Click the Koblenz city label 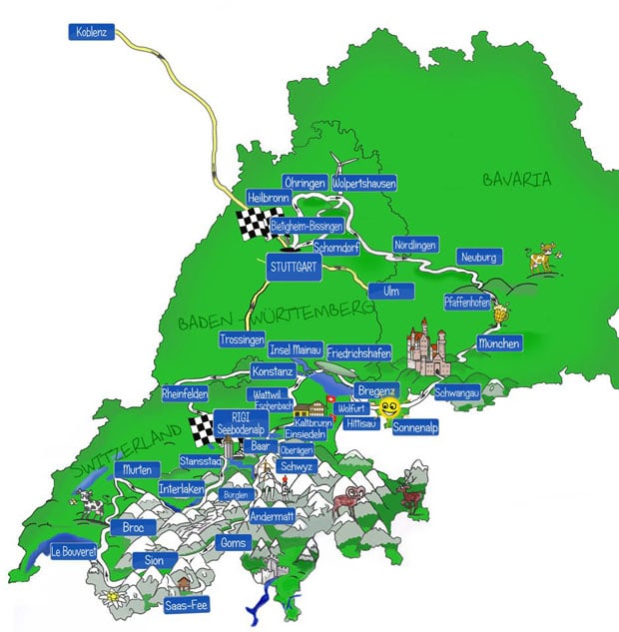(95, 32)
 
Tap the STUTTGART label (292, 267)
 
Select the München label (498, 342)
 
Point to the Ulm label (377, 291)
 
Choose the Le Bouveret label (73, 550)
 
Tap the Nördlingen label (415, 245)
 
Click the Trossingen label (242, 339)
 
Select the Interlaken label (181, 489)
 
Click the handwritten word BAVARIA (516, 181)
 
